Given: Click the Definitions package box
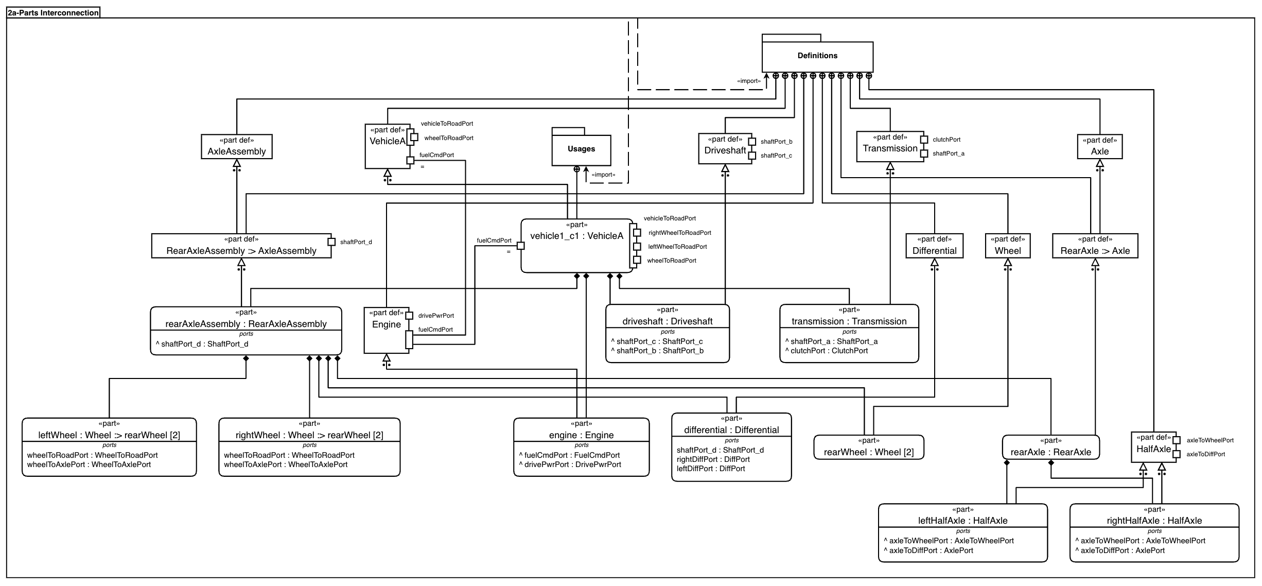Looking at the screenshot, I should click(817, 56).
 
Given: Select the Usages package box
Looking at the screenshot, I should click(581, 149).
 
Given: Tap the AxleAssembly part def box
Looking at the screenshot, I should click(236, 147).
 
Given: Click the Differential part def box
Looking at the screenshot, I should click(934, 246).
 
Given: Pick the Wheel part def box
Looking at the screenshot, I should click(1007, 246).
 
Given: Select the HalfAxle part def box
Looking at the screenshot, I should click(1153, 447).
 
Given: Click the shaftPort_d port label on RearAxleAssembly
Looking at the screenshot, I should click(356, 242).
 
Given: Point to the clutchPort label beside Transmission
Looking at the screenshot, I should click(947, 140).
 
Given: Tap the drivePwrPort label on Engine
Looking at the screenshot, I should click(436, 316).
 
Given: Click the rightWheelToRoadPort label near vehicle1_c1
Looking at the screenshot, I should click(679, 233).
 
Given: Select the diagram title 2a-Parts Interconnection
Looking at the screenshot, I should click(54, 12).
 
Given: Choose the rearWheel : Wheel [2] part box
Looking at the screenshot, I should click(869, 447).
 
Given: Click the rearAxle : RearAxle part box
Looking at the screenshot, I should click(1050, 447).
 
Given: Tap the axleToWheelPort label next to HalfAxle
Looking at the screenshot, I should click(1210, 440).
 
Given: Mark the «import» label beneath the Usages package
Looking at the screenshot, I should click(603, 175).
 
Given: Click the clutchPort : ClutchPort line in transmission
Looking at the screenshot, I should click(829, 351).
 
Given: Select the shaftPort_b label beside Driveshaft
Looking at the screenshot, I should click(776, 142).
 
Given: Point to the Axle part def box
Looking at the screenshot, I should click(1099, 147).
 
